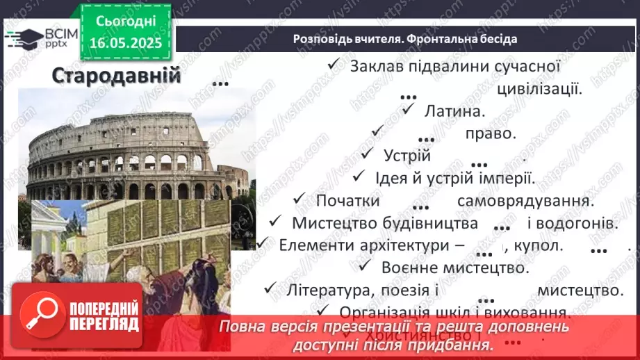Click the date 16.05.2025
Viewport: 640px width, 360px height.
point(126,43)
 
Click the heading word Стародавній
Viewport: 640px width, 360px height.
point(116,76)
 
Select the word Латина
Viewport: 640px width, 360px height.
point(454,110)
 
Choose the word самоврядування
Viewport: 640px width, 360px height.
point(525,201)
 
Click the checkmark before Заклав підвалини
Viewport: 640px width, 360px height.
point(334,65)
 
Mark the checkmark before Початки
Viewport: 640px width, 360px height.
point(300,199)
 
